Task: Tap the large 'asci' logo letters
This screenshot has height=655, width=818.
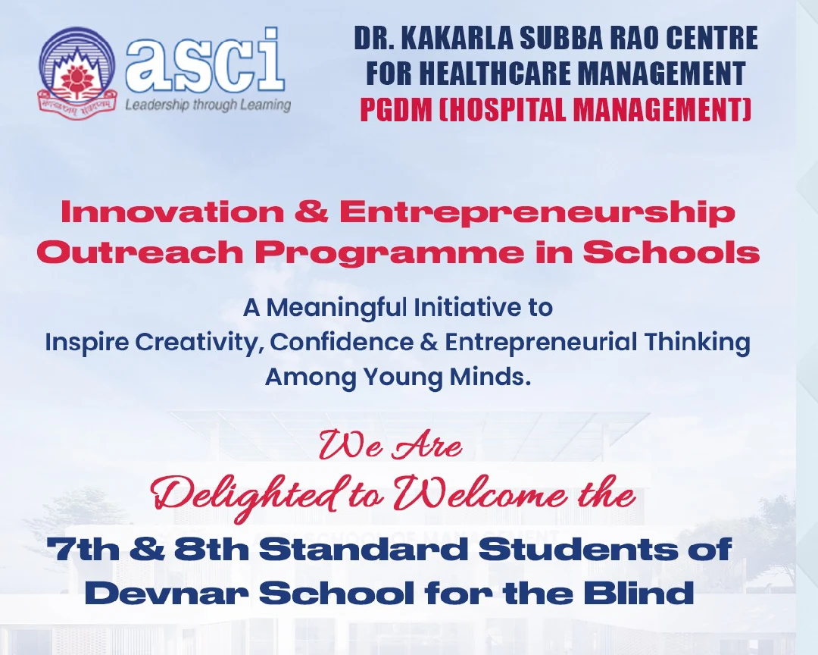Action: tap(204, 59)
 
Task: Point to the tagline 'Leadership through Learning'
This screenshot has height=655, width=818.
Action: tap(208, 105)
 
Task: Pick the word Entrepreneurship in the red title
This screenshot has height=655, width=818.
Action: tap(537, 212)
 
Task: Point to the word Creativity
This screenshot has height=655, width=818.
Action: tap(199, 343)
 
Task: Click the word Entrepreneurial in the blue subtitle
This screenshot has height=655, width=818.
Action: tap(541, 343)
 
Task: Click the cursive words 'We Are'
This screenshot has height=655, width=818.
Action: tap(389, 446)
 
